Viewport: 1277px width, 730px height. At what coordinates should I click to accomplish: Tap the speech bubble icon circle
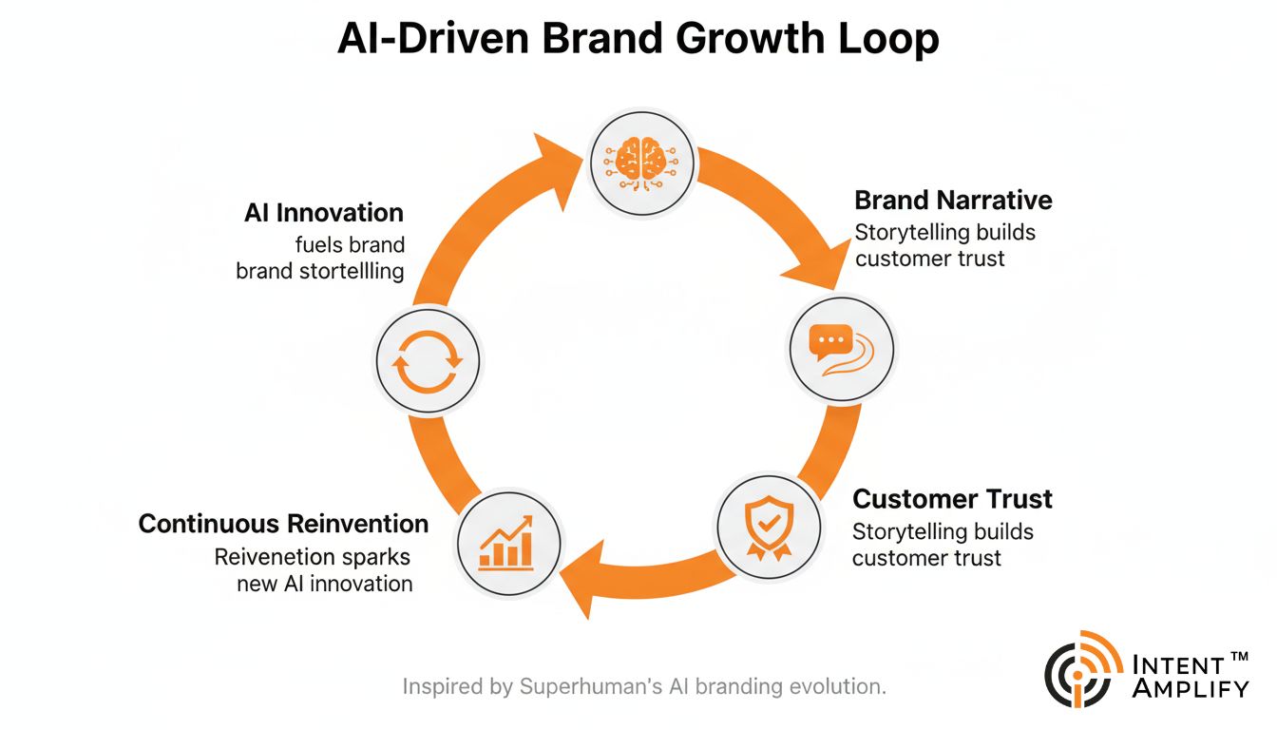842,347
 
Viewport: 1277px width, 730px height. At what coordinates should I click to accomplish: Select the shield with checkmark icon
766,525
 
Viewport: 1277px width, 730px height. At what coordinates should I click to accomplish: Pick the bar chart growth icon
508,543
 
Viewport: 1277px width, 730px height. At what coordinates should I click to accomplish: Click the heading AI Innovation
323,213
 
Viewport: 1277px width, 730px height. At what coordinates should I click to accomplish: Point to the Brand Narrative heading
953,201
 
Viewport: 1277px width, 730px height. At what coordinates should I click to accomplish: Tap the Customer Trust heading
952,499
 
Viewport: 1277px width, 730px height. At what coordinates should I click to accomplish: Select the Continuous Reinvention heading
283,524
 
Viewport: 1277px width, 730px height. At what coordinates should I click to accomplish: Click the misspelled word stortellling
348,271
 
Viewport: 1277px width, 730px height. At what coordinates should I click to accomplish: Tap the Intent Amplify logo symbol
1082,669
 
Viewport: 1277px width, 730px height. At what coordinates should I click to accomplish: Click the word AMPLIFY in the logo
1191,687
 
